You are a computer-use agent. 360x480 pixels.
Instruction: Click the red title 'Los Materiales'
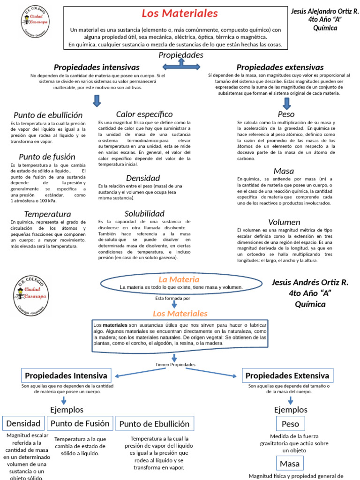tap(180, 14)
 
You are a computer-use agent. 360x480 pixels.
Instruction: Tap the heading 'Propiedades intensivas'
tap(97, 67)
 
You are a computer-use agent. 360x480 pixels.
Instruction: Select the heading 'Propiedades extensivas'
tap(280, 67)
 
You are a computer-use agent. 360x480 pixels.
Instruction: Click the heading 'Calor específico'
tap(144, 114)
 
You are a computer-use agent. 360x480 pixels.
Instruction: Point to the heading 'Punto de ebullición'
tap(48, 115)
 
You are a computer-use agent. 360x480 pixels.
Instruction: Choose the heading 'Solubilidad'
tap(144, 213)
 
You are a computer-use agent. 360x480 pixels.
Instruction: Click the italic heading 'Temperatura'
tap(47, 214)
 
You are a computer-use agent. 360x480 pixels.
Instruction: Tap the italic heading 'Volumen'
tap(284, 222)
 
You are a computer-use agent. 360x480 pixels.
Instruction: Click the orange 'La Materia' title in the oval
tap(172, 279)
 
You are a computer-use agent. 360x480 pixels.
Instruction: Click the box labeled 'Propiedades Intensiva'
tap(66, 375)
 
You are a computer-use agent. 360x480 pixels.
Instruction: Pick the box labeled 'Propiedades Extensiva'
tap(287, 375)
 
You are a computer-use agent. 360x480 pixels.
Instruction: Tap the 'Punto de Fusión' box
tap(80, 423)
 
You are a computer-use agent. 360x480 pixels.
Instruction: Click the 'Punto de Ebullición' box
tap(155, 424)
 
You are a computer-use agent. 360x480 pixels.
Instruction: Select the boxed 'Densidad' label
tap(23, 423)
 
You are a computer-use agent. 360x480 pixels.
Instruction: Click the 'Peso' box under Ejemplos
tap(290, 424)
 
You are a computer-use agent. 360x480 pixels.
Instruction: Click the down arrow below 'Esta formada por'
tap(174, 304)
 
